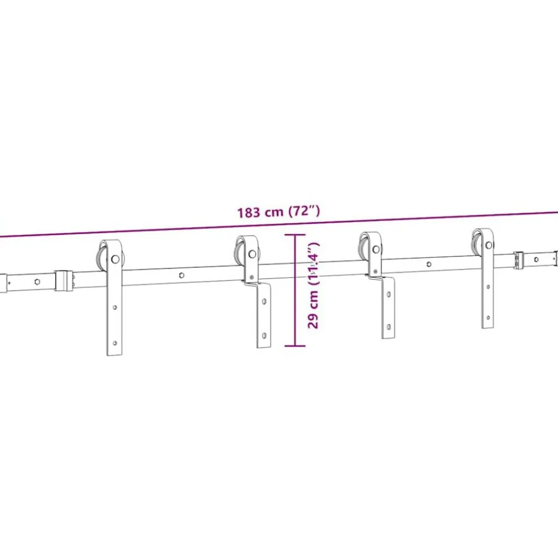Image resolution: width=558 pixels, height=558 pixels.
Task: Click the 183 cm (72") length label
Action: [278, 211]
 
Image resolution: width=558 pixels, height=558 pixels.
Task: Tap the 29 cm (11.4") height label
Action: [313, 285]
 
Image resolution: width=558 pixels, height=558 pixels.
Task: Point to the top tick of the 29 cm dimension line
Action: [295, 235]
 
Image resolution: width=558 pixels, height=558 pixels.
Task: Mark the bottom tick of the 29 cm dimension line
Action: [295, 345]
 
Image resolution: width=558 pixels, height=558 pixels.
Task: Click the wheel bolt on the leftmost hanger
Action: [115, 259]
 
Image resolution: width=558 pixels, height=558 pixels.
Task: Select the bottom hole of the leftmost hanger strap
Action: [114, 343]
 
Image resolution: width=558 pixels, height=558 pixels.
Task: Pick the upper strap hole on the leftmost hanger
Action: [114, 307]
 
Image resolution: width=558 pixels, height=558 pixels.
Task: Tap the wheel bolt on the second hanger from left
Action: [252, 254]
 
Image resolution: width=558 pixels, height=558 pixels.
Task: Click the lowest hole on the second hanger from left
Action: [264, 335]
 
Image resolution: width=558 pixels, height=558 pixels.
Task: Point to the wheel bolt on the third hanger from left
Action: [376, 249]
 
